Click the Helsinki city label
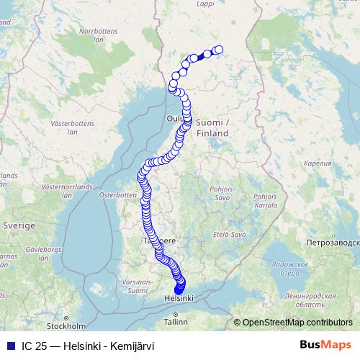179,297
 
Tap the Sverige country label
20,225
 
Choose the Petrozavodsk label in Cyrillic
336,242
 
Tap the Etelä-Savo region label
230,235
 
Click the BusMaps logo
325,346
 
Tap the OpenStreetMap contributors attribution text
297,323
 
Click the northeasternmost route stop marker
219,50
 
